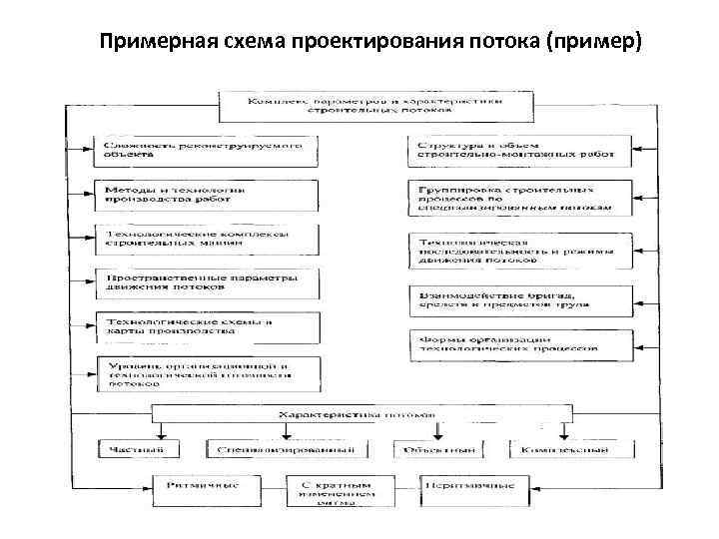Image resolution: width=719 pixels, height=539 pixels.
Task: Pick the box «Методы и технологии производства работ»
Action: (208, 195)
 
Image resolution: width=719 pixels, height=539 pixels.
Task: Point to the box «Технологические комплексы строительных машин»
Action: (208, 240)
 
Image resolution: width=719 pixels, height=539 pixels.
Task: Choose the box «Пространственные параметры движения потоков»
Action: (208, 283)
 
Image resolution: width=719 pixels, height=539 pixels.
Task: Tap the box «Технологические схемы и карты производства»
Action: (208, 328)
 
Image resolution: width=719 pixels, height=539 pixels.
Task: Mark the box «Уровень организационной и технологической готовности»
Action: (208, 373)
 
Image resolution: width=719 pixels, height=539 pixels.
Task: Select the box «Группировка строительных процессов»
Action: (519, 198)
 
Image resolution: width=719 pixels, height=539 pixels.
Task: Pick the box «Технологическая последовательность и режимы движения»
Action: (519, 251)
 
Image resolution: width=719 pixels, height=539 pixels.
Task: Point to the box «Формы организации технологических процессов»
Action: (519, 344)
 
